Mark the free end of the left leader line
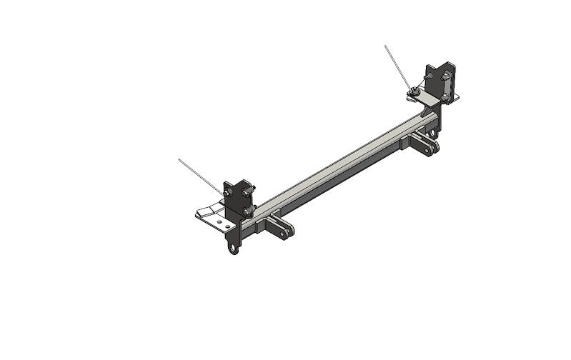(179, 159)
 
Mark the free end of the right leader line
(384, 46)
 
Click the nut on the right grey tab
(415, 90)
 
